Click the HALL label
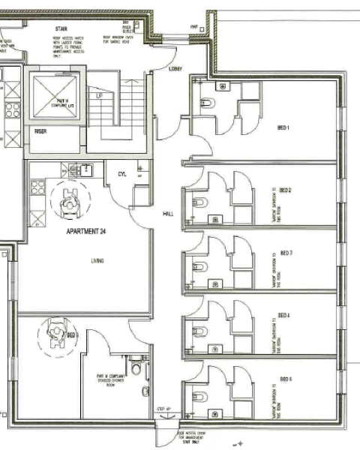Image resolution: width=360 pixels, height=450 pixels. (169, 214)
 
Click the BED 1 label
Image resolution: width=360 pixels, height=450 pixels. (283, 127)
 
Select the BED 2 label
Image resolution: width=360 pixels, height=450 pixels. (285, 191)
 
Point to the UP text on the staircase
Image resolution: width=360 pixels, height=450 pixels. (98, 97)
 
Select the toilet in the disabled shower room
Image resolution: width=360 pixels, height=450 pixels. (135, 367)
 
